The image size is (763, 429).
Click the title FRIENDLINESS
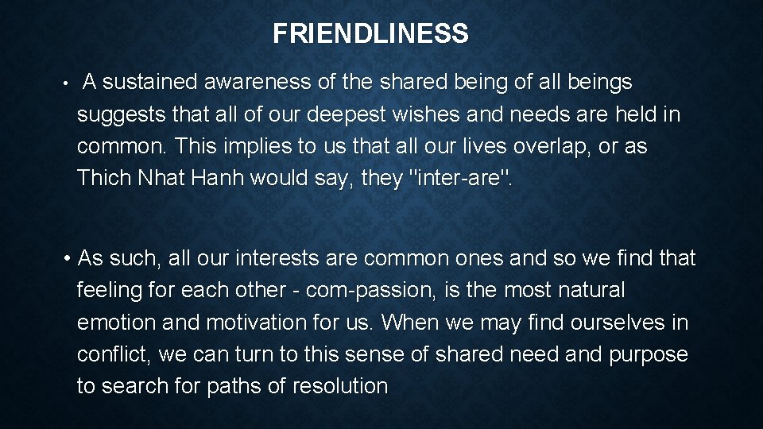[370, 34]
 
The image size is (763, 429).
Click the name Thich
[104, 179]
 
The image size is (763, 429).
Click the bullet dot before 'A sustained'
[71, 83]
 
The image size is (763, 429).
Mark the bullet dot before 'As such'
[71, 259]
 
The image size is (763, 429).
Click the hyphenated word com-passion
[374, 292]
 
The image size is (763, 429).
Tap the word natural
[589, 291]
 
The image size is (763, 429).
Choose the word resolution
[340, 387]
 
